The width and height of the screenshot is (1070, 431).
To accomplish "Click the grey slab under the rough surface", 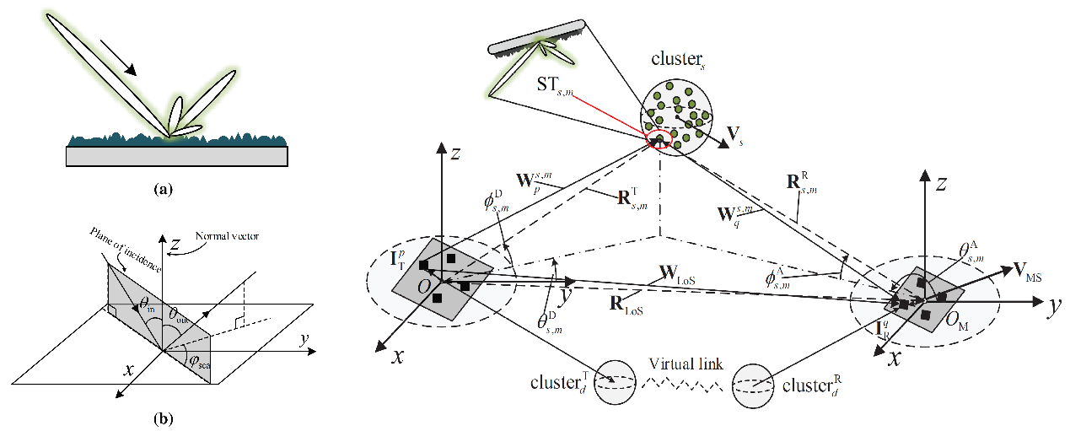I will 177,156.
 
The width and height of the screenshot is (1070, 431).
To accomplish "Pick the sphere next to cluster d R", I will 753,386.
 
